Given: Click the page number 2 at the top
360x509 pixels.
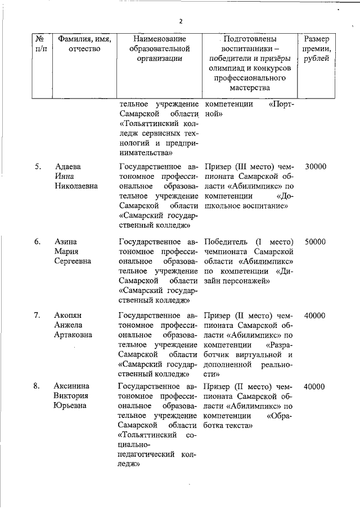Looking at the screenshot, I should click(181, 21).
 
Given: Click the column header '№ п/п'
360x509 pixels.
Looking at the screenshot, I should click(40, 44).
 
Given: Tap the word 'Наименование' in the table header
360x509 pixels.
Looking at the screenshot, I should click(159, 39).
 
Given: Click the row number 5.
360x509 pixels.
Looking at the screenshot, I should click(37, 167).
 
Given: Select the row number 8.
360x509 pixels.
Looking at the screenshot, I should click(37, 386).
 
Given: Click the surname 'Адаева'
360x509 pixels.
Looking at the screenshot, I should click(67, 167).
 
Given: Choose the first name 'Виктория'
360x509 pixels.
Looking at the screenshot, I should click(72, 397).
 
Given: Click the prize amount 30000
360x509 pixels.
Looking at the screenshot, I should click(315, 167).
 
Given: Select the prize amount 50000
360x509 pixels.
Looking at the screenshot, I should click(315, 241).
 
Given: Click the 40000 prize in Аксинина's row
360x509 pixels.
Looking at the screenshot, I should click(315, 386).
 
